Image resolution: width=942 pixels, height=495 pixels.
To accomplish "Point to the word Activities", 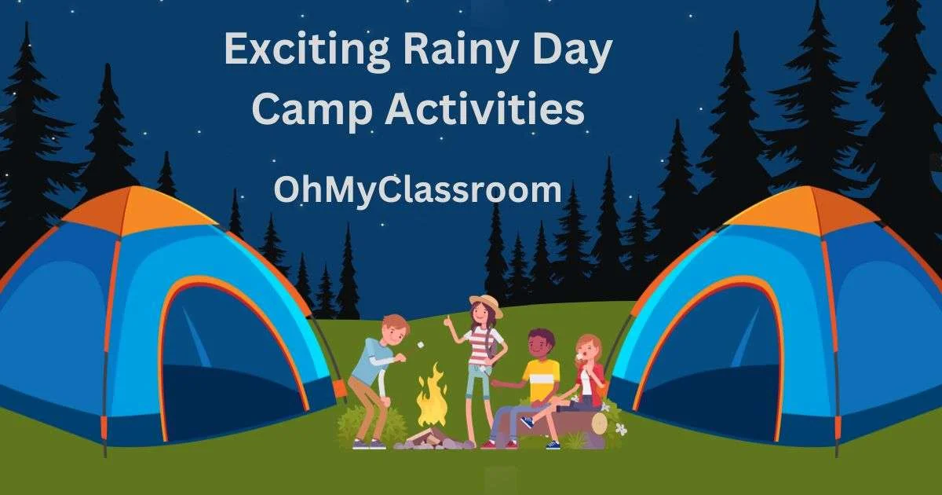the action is tap(485, 108).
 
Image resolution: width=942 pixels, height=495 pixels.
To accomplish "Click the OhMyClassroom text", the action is tap(418, 190).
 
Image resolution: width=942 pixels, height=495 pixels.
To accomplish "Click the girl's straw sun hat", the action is tap(487, 305).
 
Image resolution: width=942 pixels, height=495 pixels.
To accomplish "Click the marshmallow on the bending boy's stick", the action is tap(420, 345).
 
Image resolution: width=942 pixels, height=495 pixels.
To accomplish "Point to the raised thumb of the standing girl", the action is tap(448, 321).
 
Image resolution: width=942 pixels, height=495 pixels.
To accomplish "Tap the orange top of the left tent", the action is tap(138, 211).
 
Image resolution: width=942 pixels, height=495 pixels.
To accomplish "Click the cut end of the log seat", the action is tap(600, 423).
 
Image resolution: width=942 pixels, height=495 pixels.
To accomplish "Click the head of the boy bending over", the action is tap(396, 329).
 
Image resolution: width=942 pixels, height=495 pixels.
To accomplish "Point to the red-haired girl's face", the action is tap(586, 351).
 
